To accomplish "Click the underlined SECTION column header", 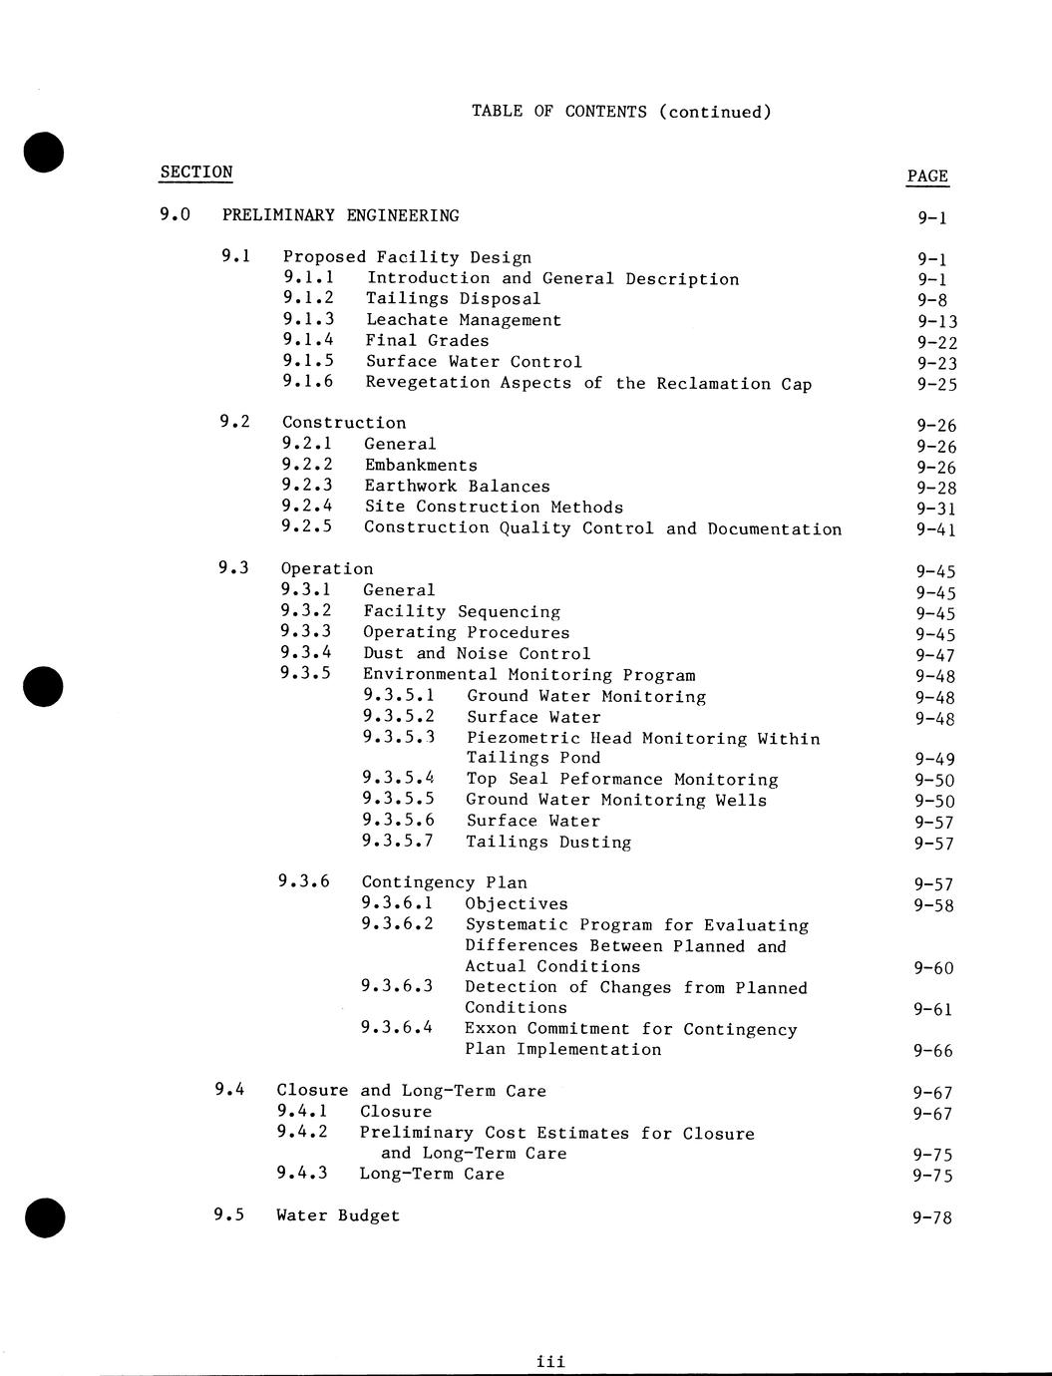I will tap(195, 172).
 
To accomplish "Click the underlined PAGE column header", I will tap(927, 176).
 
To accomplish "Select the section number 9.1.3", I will tap(308, 319).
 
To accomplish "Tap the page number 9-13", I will tap(937, 321).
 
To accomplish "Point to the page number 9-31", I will tap(936, 509).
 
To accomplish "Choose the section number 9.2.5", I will tap(307, 526).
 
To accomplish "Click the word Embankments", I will tap(421, 465).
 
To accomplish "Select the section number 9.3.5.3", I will tap(399, 738).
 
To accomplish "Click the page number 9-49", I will tap(934, 760).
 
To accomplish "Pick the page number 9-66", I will tap(933, 1051).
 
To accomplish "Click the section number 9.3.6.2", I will tap(397, 924).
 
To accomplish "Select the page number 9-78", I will tap(932, 1217).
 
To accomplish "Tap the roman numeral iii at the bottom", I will tap(550, 1361).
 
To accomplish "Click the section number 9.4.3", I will tap(302, 1174).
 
